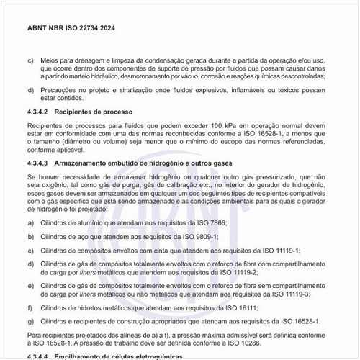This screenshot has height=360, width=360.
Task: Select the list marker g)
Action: [30, 320]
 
